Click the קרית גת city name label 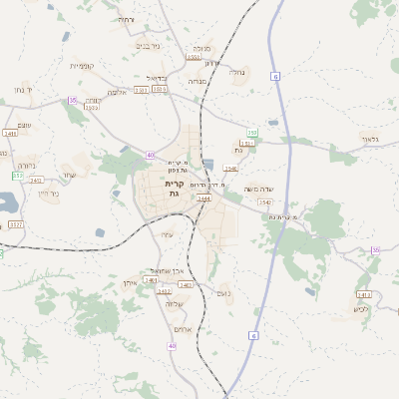coord(174,189)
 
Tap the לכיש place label coord(361,309)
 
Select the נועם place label coord(222,292)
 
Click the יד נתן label coord(23,90)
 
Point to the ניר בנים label coord(147,44)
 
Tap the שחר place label coord(68,175)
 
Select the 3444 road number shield coord(203,199)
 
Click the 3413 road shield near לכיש coord(363,295)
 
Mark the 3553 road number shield coord(194,57)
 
